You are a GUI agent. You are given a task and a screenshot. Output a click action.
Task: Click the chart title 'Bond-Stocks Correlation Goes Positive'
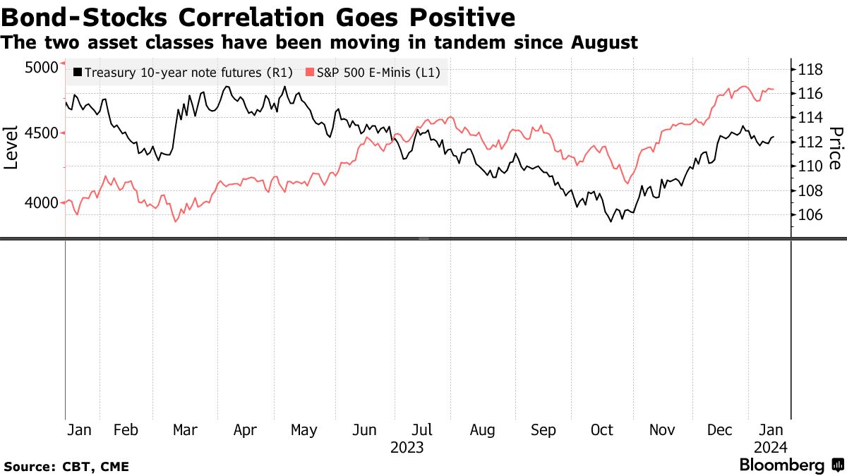tap(258, 16)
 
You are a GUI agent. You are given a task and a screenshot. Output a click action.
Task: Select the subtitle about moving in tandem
tap(319, 43)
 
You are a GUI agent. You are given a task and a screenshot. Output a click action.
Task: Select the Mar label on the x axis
tap(185, 429)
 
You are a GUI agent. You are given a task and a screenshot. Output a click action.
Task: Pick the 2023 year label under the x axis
tap(407, 447)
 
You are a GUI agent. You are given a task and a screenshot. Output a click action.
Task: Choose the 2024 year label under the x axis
tap(769, 447)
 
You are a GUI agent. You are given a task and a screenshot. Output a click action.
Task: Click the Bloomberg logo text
tap(781, 465)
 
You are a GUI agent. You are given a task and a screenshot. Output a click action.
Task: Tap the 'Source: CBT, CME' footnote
tap(66, 466)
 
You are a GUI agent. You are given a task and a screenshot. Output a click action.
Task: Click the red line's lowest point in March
tap(175, 221)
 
